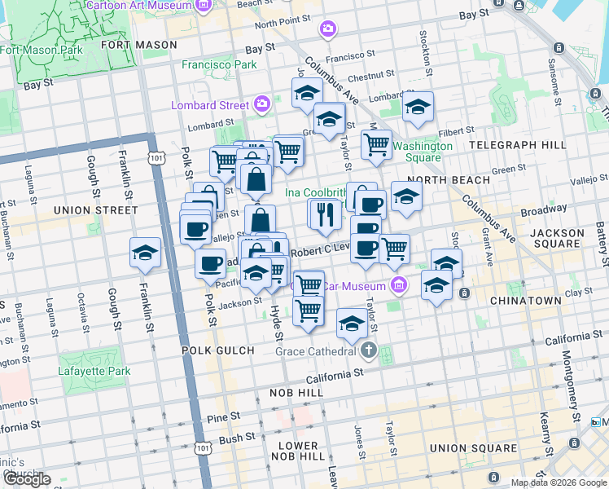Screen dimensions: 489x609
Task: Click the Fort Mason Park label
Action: [42, 49]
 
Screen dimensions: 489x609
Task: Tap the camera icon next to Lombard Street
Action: [262, 104]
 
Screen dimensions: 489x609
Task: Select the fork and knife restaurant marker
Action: [323, 215]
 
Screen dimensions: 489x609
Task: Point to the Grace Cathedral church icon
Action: [369, 351]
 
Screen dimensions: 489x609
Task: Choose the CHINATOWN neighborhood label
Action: [525, 301]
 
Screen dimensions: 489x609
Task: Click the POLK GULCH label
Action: [218, 350]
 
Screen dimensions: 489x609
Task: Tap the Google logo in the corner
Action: [27, 479]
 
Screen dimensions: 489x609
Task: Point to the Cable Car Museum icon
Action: [398, 285]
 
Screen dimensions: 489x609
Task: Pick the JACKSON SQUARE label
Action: [557, 239]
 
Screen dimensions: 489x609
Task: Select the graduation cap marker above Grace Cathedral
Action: [351, 324]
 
